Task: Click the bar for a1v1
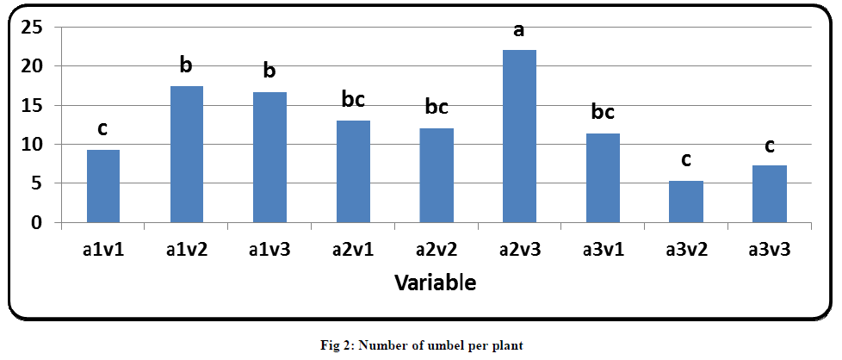(x=102, y=186)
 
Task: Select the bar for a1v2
(x=186, y=154)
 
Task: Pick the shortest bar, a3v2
(x=686, y=202)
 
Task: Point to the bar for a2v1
(x=353, y=171)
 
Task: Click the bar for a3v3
(x=769, y=194)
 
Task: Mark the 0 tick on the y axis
(x=37, y=223)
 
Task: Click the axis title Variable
(x=435, y=282)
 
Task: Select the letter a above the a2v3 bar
(x=519, y=31)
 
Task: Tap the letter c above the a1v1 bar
(x=102, y=129)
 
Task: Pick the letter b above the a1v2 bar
(x=186, y=65)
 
